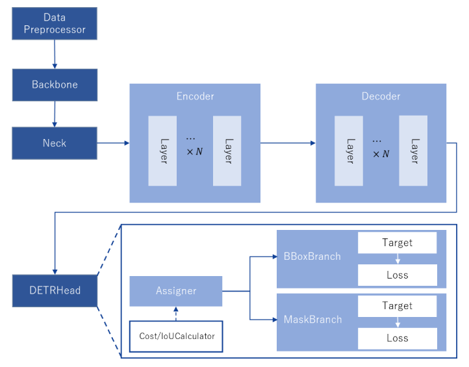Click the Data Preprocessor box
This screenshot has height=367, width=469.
tap(55, 24)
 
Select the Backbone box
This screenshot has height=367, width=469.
tap(55, 84)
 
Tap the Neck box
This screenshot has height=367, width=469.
tap(55, 143)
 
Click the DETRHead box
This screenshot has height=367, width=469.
tap(55, 290)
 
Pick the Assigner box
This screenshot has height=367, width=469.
tap(176, 291)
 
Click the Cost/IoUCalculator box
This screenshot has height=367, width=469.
tap(176, 336)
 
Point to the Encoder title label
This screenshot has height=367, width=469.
tap(195, 96)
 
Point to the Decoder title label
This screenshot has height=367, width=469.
tap(381, 96)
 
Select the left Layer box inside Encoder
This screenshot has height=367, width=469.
tap(162, 151)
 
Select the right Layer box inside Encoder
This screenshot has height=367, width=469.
tap(227, 151)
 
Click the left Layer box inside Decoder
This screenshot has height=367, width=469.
tap(349, 151)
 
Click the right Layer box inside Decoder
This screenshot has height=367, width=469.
tap(413, 151)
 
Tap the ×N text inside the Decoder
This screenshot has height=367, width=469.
tap(381, 154)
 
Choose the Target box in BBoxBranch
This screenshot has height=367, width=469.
tap(397, 243)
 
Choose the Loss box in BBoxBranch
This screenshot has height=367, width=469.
tap(397, 275)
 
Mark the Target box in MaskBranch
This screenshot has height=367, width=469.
tap(397, 306)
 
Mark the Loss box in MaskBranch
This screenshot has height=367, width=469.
tap(397, 338)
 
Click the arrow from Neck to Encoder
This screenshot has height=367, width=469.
tap(113, 143)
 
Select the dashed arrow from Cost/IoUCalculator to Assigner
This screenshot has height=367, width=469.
tap(176, 314)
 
